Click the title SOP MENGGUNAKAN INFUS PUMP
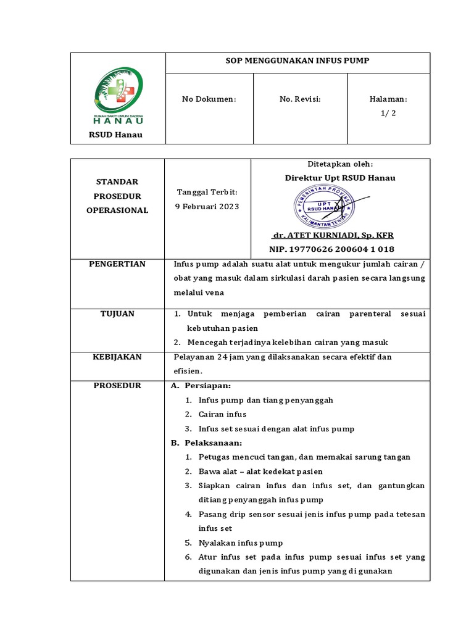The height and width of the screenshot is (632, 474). pyautogui.click(x=297, y=61)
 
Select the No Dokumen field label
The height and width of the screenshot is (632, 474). pyautogui.click(x=209, y=99)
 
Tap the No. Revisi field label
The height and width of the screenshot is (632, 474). pyautogui.click(x=300, y=99)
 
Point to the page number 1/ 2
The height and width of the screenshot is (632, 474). pyautogui.click(x=388, y=112)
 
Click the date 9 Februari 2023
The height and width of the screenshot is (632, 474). pyautogui.click(x=207, y=206)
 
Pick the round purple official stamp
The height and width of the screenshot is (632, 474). pyautogui.click(x=323, y=207)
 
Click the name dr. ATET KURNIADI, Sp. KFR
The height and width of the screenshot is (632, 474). pyautogui.click(x=333, y=235)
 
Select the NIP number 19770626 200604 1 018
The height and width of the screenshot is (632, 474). pyautogui.click(x=331, y=249)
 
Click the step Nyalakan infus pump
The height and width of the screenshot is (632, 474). pyautogui.click(x=241, y=543)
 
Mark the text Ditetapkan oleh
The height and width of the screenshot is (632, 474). pyautogui.click(x=340, y=164)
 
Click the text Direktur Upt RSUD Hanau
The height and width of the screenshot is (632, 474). pyautogui.click(x=340, y=178)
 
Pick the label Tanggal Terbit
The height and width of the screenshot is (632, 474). pyautogui.click(x=207, y=193)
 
